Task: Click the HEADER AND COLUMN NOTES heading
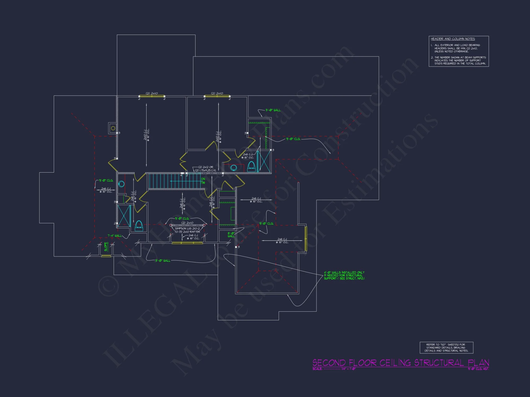[x=453, y=39]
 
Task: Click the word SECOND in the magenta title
[x=329, y=363]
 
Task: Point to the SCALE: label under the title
[x=317, y=369]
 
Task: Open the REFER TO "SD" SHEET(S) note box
[x=446, y=348]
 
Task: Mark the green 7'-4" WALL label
[x=114, y=236]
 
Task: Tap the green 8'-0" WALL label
[x=231, y=235]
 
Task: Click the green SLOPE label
[x=106, y=246]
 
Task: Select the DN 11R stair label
[x=203, y=181]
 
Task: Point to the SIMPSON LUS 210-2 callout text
[x=187, y=228]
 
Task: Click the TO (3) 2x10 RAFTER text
[x=187, y=232]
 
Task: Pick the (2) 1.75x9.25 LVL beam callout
[x=206, y=170]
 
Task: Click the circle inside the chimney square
[x=113, y=128]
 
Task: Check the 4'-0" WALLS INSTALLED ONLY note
[x=344, y=275]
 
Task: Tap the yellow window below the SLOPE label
[x=106, y=256]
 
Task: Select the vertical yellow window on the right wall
[x=306, y=238]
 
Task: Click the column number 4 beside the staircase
[x=181, y=175]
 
